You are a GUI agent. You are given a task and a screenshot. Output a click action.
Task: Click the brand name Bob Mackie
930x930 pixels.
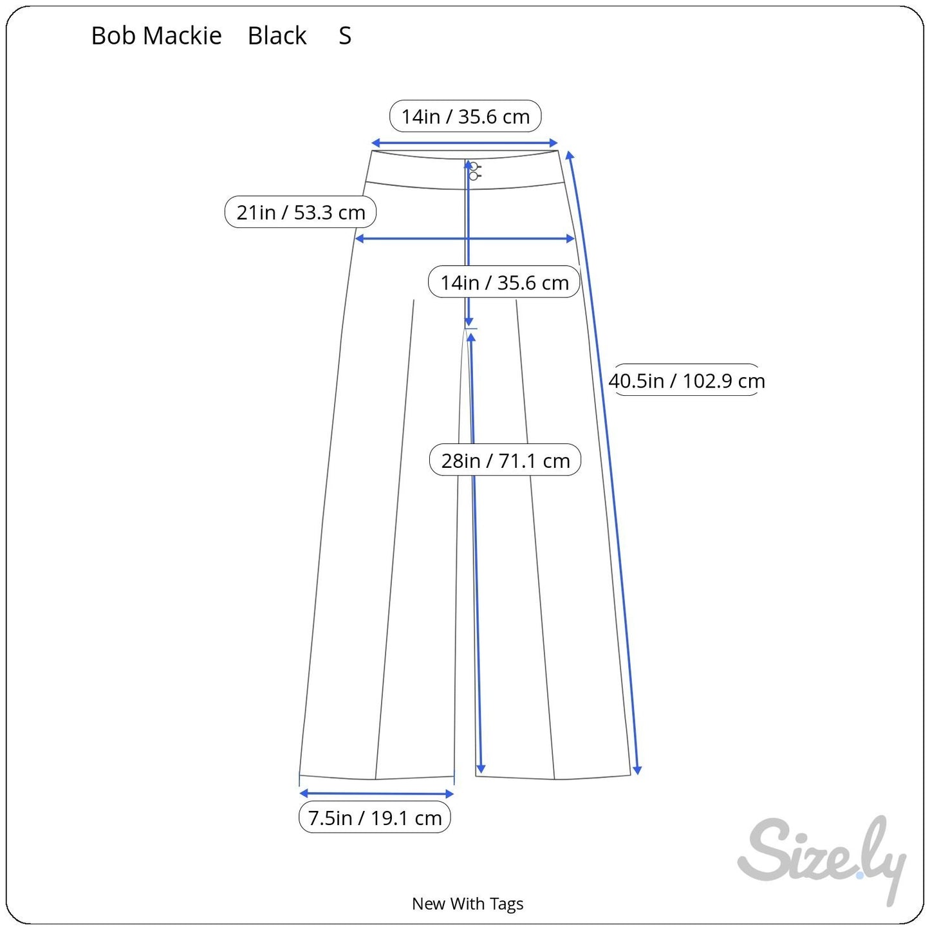[x=156, y=35]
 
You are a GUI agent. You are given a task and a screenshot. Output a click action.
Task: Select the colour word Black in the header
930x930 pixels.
[x=277, y=35]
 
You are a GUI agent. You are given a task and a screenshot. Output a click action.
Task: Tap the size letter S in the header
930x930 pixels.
[x=345, y=35]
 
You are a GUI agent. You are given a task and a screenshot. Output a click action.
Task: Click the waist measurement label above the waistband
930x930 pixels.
[x=465, y=116]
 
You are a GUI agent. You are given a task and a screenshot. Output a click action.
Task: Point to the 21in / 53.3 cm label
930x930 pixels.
[x=300, y=212]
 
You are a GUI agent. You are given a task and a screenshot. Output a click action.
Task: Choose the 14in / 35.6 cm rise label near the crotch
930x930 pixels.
[x=505, y=282]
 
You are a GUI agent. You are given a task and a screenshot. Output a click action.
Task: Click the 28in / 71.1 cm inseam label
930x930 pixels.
[x=505, y=460]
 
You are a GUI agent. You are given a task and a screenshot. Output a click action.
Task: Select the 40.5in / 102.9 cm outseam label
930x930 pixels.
[x=686, y=380]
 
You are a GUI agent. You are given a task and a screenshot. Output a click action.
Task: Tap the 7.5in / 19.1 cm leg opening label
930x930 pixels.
[x=375, y=817]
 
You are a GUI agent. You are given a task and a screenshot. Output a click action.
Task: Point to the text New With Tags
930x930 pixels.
[x=467, y=904]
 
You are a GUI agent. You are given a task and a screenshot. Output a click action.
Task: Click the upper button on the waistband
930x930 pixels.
[x=474, y=167]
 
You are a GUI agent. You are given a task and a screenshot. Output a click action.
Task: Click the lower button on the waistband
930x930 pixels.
[x=474, y=176]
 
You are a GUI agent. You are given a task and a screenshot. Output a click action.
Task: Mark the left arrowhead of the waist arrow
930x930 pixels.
[x=375, y=143]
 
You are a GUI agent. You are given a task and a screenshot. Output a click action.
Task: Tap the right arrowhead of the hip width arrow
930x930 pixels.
[x=570, y=238]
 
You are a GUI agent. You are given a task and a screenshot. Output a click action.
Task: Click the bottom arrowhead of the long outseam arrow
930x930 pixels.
[x=637, y=770]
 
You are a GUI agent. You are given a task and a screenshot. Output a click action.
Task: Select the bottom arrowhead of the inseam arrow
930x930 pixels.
[x=481, y=768]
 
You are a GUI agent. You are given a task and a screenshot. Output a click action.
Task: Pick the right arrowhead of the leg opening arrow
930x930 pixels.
[x=449, y=794]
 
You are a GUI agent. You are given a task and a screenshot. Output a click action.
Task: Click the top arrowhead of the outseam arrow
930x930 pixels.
[x=570, y=155]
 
